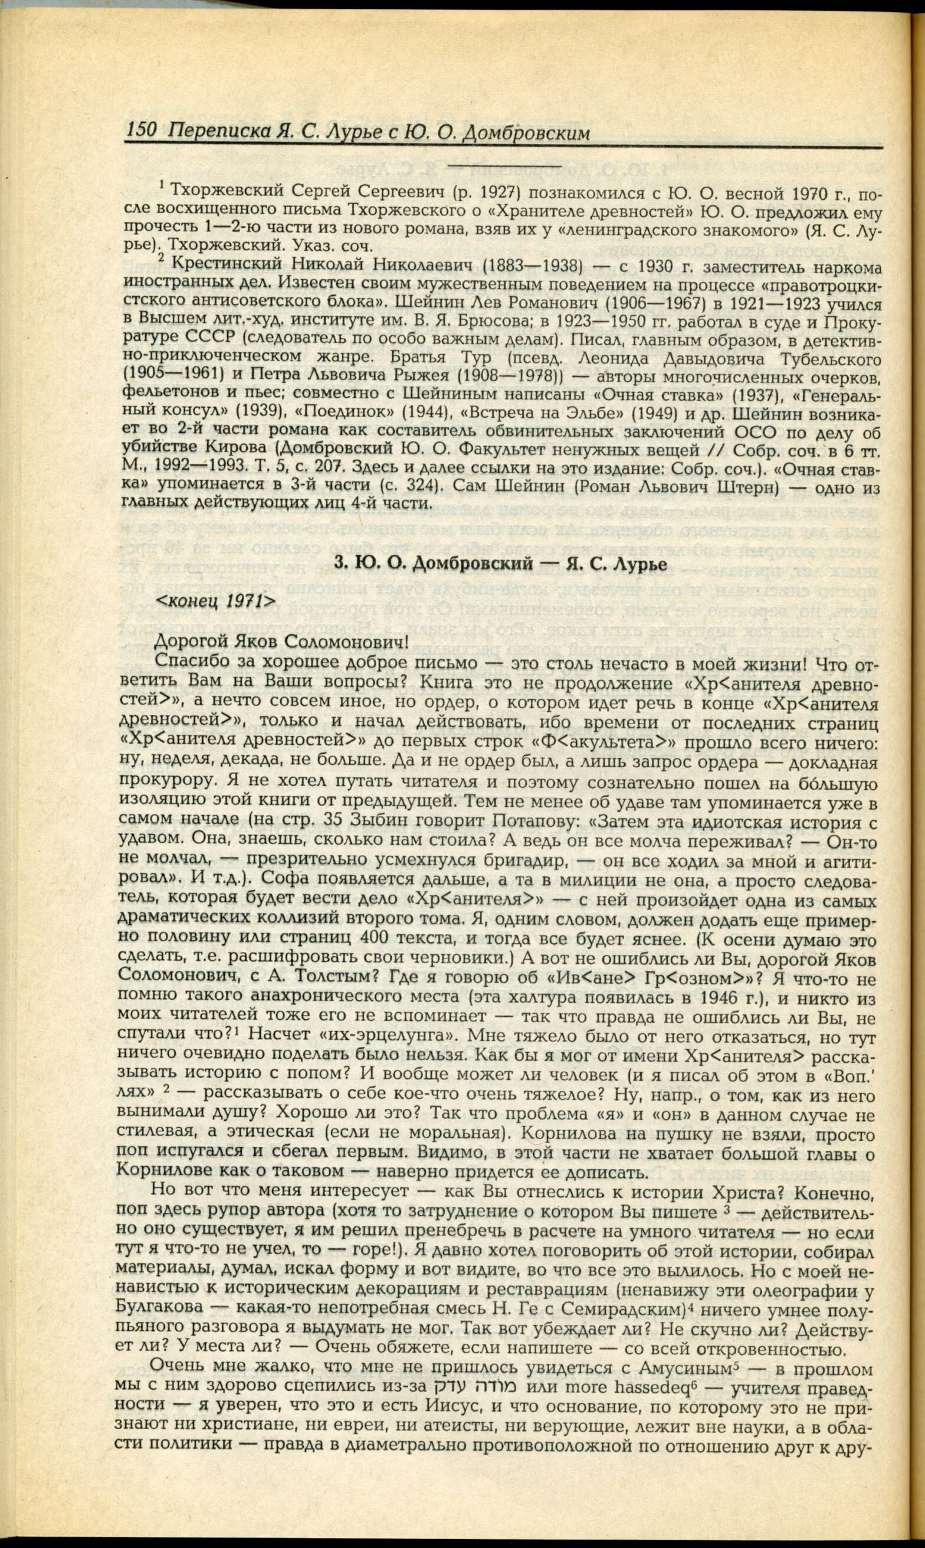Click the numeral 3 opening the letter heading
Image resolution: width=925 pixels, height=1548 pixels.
[x=339, y=564]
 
